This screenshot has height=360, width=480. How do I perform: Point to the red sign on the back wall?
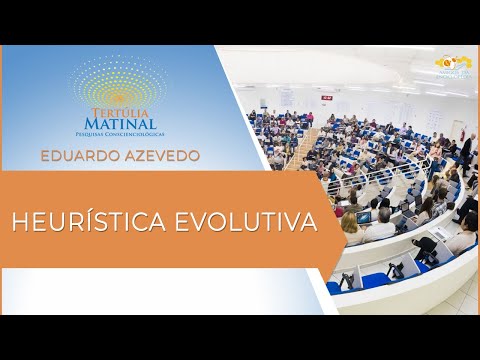[310, 88]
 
